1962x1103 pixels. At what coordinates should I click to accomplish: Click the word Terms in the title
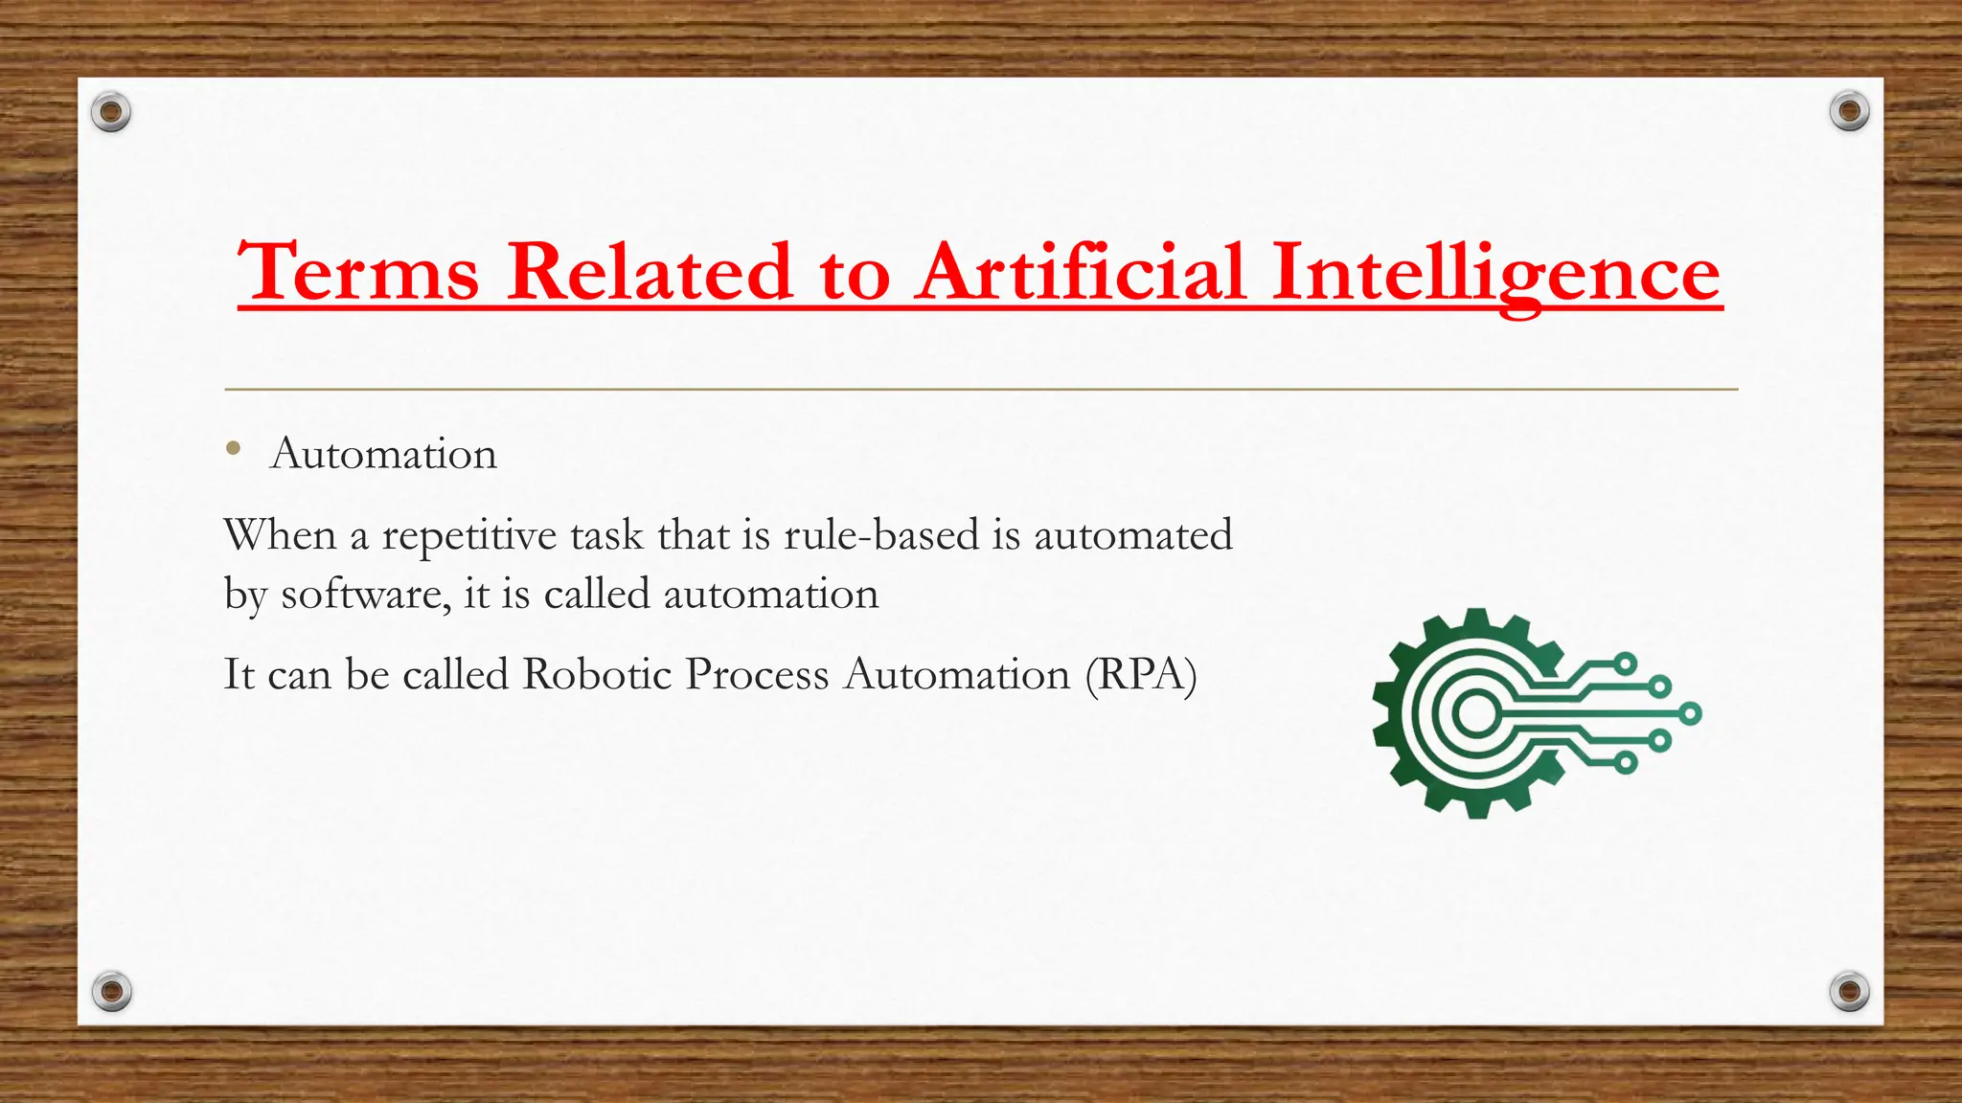358,272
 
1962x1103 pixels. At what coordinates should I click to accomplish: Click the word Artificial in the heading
1081,272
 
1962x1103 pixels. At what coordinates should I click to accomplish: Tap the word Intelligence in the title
1496,272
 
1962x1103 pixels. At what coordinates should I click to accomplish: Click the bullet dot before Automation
233,447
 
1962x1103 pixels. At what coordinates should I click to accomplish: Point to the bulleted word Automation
384,454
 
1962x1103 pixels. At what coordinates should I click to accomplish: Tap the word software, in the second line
365,595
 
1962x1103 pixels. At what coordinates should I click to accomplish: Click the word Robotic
597,675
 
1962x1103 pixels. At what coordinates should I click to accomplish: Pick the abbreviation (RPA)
1141,675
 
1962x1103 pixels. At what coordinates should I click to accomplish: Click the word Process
757,675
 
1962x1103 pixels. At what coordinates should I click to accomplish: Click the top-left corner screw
111,113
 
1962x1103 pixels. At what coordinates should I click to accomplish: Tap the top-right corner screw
1849,112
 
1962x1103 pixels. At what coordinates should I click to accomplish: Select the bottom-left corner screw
111,991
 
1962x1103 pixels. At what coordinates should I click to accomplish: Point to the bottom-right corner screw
1849,991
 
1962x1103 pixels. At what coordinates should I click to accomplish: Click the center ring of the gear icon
1476,713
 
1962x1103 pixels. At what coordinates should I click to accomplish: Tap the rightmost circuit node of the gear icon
1691,713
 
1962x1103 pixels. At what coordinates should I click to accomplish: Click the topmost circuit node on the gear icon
1625,663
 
